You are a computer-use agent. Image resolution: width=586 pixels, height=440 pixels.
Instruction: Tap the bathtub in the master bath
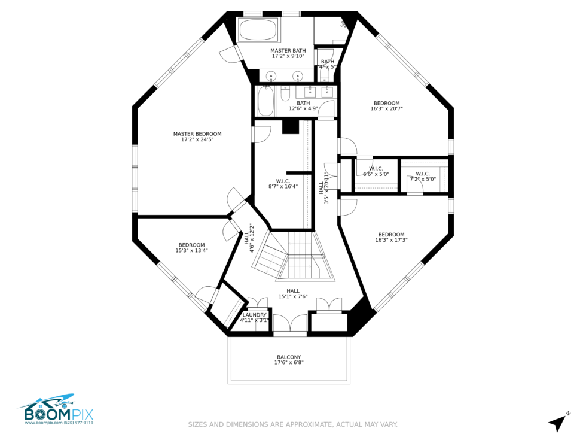[x=257, y=29]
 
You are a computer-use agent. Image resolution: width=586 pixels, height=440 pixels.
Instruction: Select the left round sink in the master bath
[x=271, y=76]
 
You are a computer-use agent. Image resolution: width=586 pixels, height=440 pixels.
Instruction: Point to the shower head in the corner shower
[x=344, y=25]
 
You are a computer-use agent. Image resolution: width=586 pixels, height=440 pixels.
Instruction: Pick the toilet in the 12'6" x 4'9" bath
[x=285, y=94]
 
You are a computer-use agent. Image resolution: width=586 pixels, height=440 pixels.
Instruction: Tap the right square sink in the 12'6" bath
[x=327, y=92]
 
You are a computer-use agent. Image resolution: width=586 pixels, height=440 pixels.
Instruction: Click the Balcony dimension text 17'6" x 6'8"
[x=289, y=362]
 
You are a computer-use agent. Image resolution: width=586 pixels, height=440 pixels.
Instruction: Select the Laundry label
[x=255, y=315]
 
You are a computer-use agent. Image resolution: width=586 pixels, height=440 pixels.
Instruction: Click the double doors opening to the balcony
[x=290, y=323]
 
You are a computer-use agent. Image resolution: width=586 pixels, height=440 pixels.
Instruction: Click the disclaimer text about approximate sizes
[x=293, y=424]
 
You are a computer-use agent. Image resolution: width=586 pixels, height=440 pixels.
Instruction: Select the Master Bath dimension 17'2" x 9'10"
[x=288, y=56]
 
